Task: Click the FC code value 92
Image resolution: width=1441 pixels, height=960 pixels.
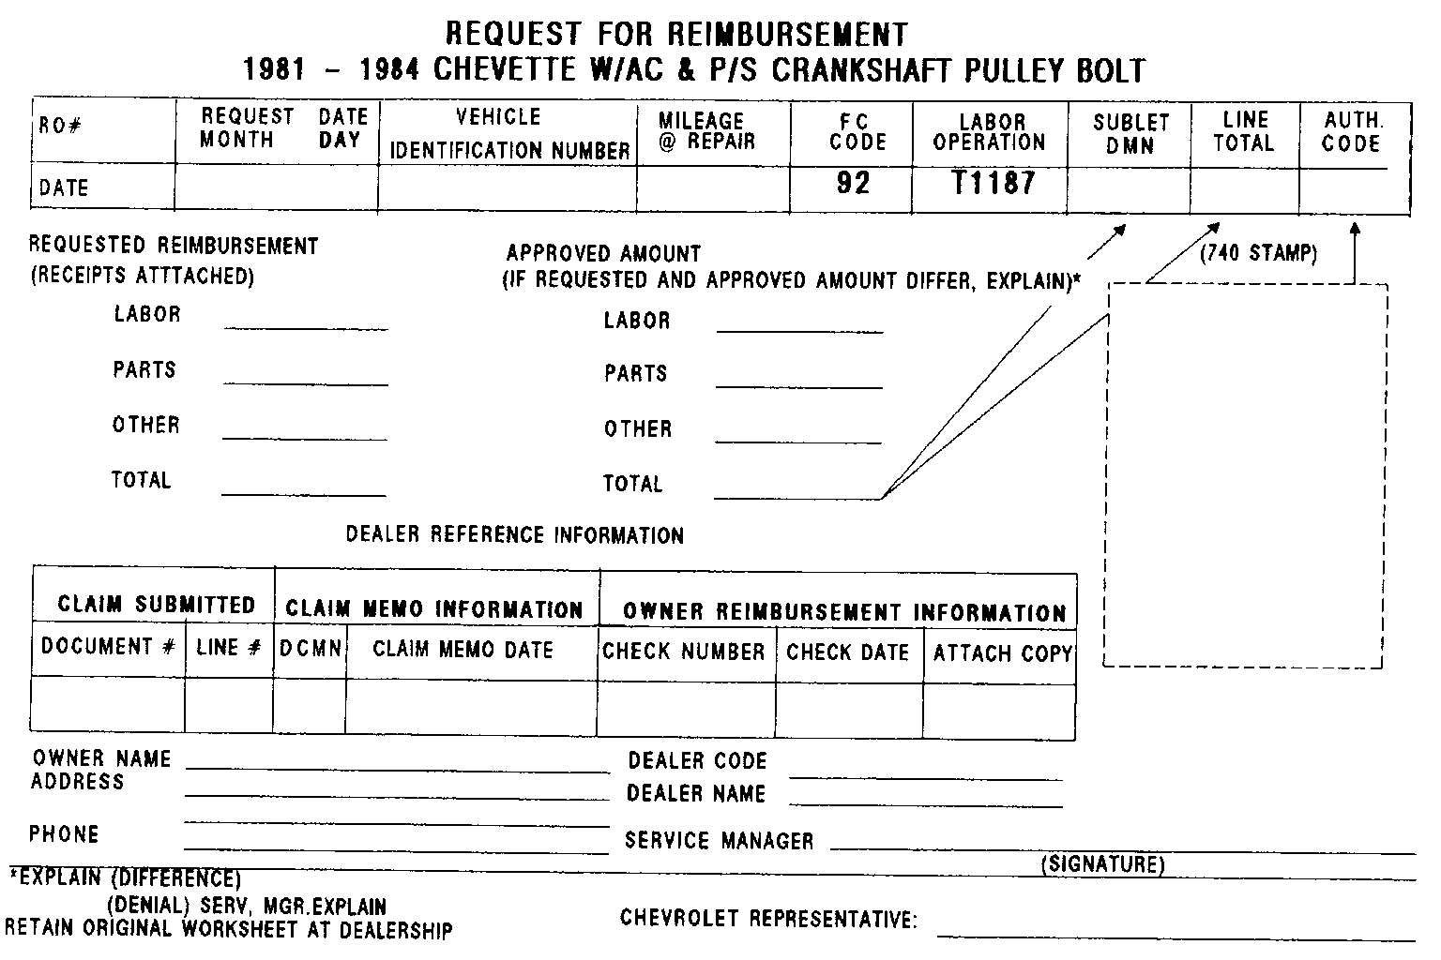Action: click(853, 183)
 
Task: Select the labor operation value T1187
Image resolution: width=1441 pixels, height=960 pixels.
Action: click(993, 183)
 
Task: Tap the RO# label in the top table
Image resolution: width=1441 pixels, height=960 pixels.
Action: click(59, 126)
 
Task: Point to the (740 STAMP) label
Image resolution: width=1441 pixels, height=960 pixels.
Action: click(1258, 253)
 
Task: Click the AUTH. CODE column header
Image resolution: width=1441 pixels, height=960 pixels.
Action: click(1352, 132)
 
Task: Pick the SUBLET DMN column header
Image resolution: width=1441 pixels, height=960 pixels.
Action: click(1130, 134)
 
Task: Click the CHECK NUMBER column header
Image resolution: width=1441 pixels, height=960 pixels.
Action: click(684, 652)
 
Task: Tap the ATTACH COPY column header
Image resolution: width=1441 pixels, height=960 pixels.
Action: click(1002, 653)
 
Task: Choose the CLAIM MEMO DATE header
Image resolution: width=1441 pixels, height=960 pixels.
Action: click(463, 650)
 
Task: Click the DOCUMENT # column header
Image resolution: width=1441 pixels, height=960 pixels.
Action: click(108, 647)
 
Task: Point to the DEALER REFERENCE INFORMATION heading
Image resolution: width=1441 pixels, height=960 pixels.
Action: click(515, 535)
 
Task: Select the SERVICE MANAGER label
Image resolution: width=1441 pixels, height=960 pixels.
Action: click(720, 841)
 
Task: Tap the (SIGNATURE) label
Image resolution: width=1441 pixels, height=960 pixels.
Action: click(1102, 864)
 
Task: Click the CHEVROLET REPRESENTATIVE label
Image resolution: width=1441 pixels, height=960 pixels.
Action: click(768, 918)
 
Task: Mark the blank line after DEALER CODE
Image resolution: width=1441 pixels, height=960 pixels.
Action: click(926, 777)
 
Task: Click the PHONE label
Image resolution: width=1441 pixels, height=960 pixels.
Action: click(64, 834)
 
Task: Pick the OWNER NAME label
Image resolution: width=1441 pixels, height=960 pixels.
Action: click(101, 758)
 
